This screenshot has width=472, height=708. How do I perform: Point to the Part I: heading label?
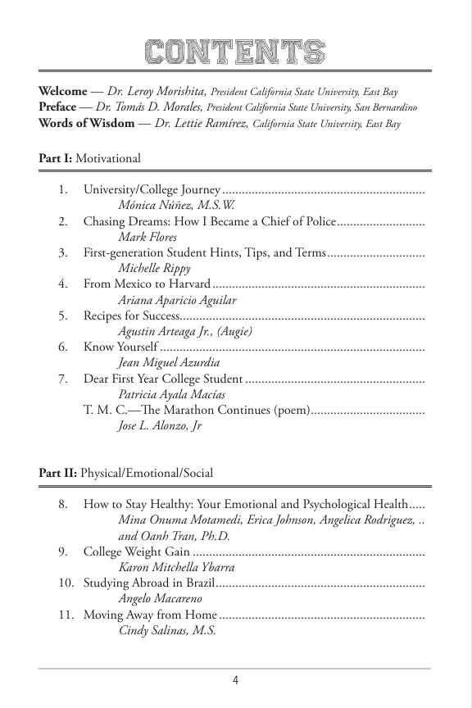click(55, 158)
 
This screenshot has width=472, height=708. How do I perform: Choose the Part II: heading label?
click(57, 474)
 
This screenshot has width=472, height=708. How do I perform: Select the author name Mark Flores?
click(147, 237)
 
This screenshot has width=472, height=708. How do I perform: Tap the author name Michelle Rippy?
click(154, 268)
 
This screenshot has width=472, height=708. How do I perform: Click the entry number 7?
click(62, 379)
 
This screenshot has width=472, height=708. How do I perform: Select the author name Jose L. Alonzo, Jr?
click(160, 425)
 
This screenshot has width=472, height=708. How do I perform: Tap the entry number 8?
click(62, 505)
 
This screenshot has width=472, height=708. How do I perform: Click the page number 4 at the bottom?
click(235, 679)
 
